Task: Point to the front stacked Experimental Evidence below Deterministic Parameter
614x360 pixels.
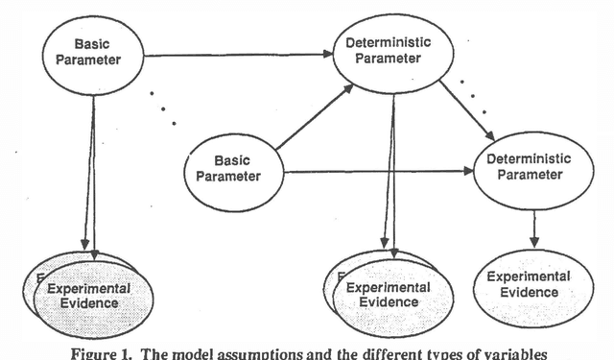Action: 387,296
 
